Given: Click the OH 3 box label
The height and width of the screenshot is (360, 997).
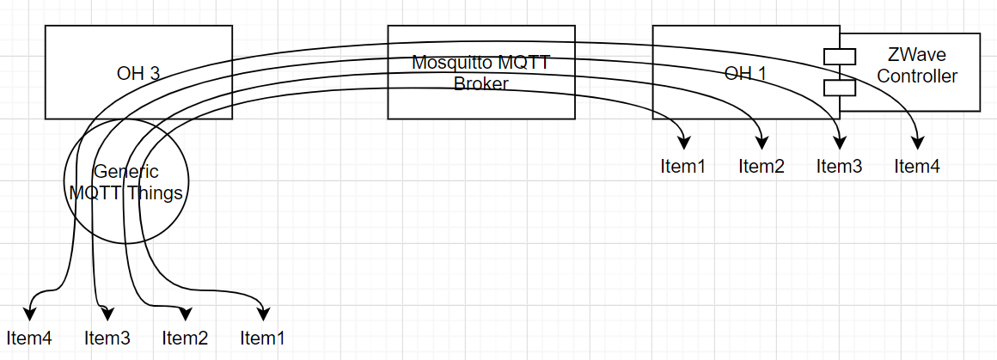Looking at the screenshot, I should [x=138, y=73].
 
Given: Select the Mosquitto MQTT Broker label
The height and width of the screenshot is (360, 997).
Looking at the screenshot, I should [x=480, y=73].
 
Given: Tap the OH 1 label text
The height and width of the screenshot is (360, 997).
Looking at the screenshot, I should [x=745, y=73].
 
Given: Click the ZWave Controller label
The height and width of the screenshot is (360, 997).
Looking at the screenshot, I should [x=917, y=65].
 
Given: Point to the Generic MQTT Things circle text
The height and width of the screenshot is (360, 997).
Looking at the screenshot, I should [x=126, y=182].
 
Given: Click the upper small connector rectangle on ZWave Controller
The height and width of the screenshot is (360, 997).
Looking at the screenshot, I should [x=839, y=56].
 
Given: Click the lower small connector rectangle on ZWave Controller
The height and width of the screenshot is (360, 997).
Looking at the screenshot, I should [x=839, y=87].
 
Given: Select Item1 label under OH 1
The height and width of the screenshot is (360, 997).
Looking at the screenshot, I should [x=683, y=166].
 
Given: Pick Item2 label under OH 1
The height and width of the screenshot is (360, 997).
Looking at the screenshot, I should [x=762, y=166].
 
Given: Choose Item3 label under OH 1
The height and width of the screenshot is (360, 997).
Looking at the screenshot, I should [x=839, y=166].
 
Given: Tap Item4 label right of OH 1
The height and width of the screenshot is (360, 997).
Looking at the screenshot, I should [x=917, y=166].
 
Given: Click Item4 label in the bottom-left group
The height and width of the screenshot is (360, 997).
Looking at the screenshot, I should [x=29, y=338].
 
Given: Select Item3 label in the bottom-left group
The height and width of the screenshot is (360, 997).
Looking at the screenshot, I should [x=107, y=338].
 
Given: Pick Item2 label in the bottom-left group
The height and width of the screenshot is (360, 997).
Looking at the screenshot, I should [x=185, y=338].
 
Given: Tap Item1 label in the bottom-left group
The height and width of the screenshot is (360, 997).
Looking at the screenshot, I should [x=263, y=338].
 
